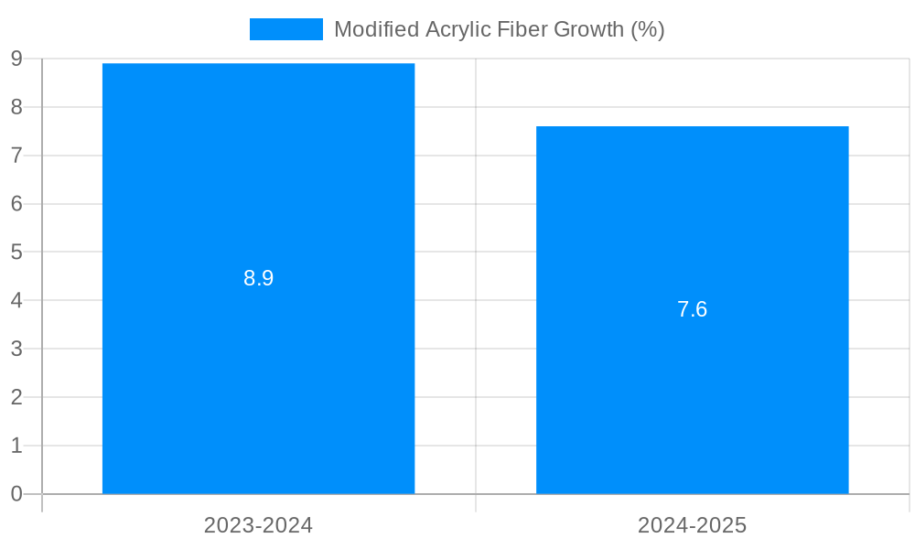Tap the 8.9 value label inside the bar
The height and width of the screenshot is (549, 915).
(258, 279)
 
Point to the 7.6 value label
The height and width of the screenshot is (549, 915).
(692, 309)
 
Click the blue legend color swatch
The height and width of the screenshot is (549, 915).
(285, 29)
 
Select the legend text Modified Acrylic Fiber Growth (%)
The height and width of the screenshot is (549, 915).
(499, 29)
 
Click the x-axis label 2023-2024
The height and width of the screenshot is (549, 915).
(258, 526)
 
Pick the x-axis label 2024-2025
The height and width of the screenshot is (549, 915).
(692, 526)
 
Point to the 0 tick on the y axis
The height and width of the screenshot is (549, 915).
(16, 494)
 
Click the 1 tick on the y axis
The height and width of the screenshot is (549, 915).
(16, 446)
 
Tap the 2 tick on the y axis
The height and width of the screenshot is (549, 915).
(16, 397)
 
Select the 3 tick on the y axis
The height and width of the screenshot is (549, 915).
(16, 349)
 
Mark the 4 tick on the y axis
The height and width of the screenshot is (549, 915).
(16, 300)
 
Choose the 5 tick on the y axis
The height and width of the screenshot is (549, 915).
(16, 252)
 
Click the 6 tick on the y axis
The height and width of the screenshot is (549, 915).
(16, 203)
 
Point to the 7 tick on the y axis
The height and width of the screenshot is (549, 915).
(16, 156)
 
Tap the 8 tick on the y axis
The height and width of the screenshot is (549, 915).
(16, 107)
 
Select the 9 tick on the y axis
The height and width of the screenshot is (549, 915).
(16, 59)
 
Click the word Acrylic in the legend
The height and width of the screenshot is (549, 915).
(456, 29)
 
